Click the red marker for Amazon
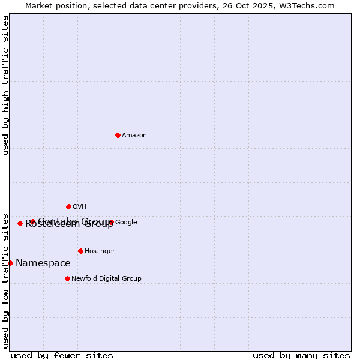pos(118,135)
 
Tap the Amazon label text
pos(134,136)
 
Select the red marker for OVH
pos(68,206)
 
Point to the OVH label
pos(80,207)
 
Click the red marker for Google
pos(111,222)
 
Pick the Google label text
pos(126,223)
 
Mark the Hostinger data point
pos(80,251)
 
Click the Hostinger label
pos(100,251)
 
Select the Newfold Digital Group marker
pos(67,278)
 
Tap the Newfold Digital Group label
pos(106,279)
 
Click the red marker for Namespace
pos(10,263)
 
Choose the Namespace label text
pos(43,263)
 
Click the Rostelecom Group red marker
pos(20,223)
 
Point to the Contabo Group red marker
pos(32,221)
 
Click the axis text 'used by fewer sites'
pos(62,355)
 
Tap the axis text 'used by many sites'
pos(301,355)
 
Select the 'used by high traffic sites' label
pos(5,85)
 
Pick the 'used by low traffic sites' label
pos(5,280)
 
